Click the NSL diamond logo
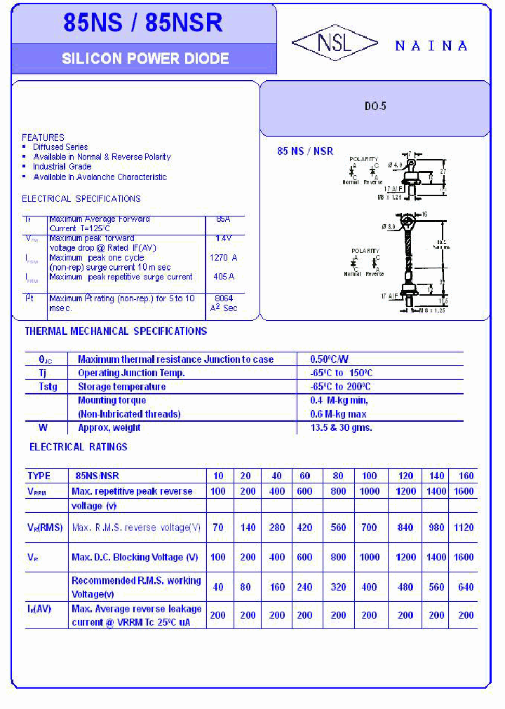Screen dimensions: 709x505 coord(335,43)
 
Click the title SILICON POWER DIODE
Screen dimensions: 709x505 coord(145,59)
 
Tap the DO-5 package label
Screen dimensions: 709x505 coord(375,107)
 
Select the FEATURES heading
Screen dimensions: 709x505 coord(43,137)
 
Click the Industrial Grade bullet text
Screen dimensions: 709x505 coord(62,167)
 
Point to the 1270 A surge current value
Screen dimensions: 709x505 coord(223,258)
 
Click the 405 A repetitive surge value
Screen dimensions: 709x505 coord(223,277)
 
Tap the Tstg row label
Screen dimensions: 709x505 coord(48,387)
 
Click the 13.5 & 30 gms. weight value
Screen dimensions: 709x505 coord(342,427)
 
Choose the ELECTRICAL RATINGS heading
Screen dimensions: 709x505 coord(79,446)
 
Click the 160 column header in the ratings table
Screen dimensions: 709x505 coord(466,476)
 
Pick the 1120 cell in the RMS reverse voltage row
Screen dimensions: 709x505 coord(464,528)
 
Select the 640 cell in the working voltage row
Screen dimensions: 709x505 coord(466,587)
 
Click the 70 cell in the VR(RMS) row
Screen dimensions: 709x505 coord(218,528)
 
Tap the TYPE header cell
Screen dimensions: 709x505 coord(39,476)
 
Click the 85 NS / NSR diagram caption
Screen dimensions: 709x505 coord(305,151)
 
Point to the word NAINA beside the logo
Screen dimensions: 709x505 coord(431,46)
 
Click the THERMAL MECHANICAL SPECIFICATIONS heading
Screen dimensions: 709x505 coord(116,331)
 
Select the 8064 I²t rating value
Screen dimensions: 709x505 coord(223,298)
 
